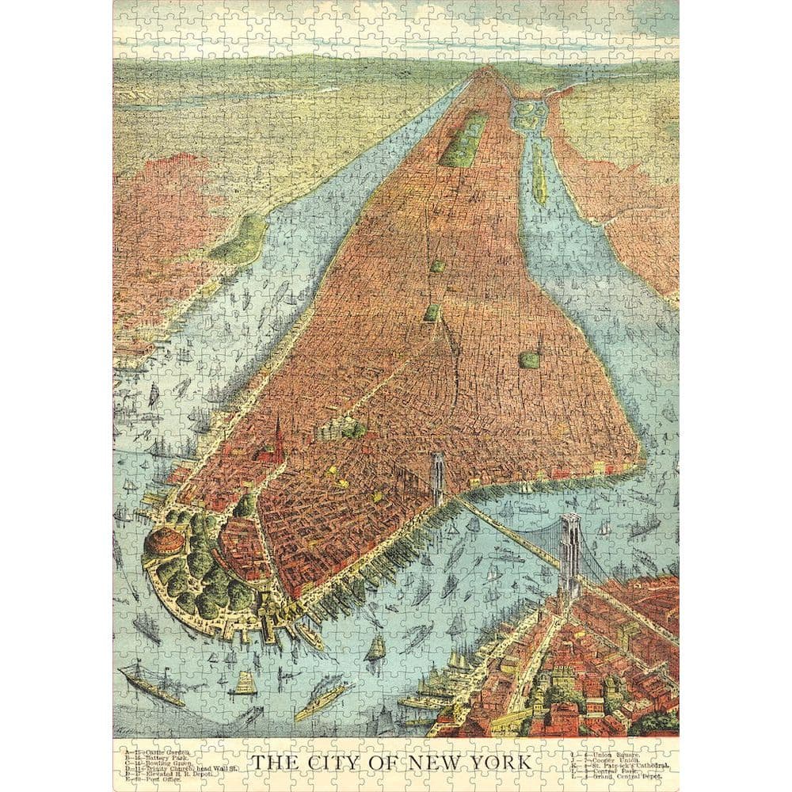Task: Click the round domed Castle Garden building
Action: pos(164,543)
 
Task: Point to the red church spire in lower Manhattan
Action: pos(278,440)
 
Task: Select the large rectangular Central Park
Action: pos(464,139)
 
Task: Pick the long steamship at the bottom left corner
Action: pos(150,686)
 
